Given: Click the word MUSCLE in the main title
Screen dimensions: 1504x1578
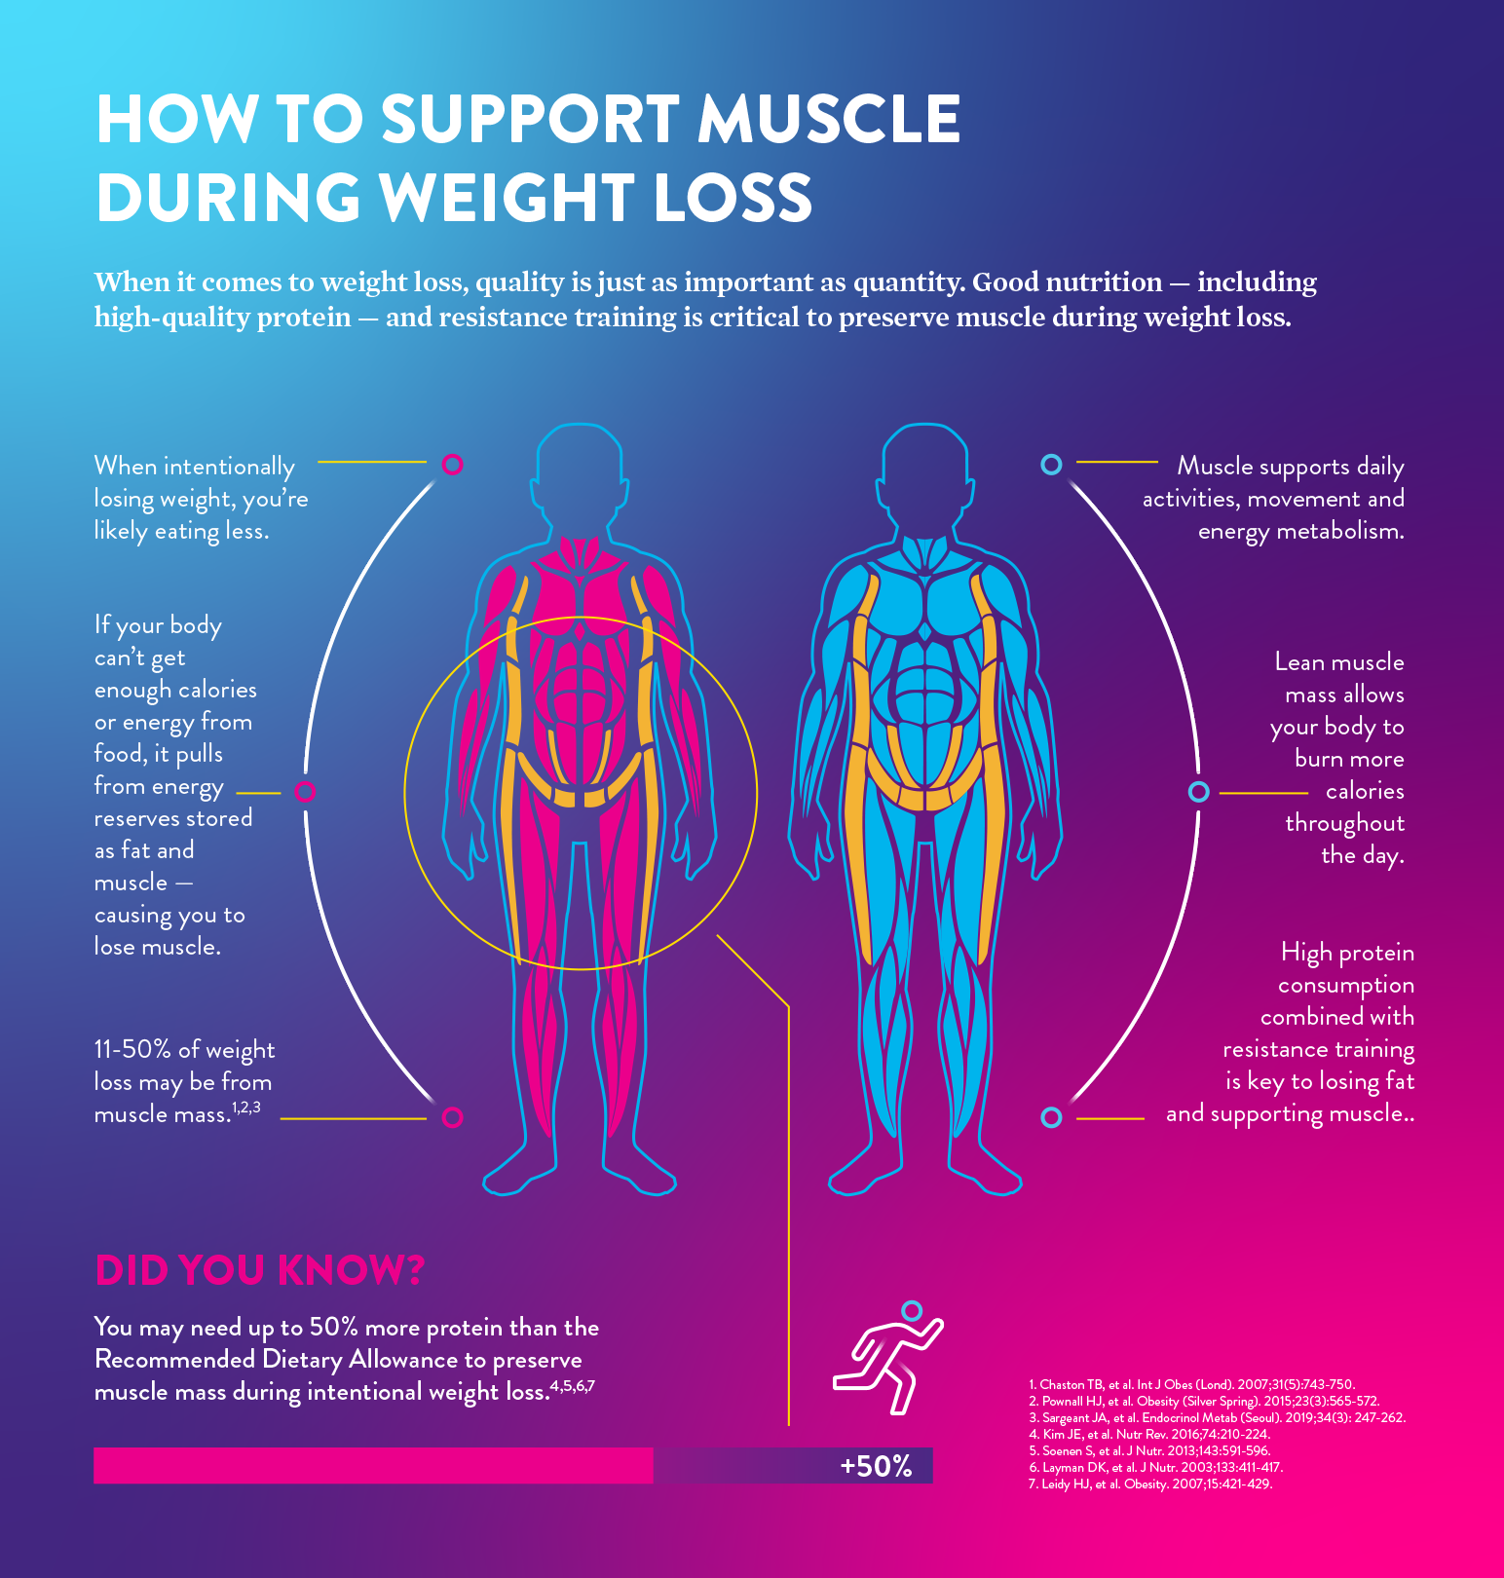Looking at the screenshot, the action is pos(829,119).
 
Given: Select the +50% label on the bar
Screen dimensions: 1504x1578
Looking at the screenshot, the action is pos(876,1466).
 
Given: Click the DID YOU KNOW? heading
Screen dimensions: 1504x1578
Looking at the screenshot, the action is pos(259,1270).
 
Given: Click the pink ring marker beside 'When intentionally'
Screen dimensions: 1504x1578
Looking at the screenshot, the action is pos(452,464).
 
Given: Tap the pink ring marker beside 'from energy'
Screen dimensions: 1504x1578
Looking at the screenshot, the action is pos(305,791).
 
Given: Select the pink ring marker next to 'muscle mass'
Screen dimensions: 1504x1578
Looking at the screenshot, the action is pos(452,1117).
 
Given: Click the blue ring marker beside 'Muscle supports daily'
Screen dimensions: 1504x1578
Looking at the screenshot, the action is pos(1051,464).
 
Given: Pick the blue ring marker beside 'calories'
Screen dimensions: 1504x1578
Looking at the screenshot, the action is pos(1199,792).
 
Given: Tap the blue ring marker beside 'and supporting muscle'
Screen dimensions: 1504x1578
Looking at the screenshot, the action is pos(1051,1117).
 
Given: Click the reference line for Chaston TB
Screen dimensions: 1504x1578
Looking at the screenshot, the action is pos(1191,1384).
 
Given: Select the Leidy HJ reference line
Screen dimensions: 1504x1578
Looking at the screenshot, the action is pos(1150,1484).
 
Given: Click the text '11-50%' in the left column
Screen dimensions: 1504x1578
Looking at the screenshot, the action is pos(132,1049).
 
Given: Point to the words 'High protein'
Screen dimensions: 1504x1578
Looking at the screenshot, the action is pos(1347,953).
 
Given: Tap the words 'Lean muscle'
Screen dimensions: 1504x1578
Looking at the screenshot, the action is pos(1339,662).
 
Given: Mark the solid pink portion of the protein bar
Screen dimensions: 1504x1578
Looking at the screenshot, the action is pos(373,1465).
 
